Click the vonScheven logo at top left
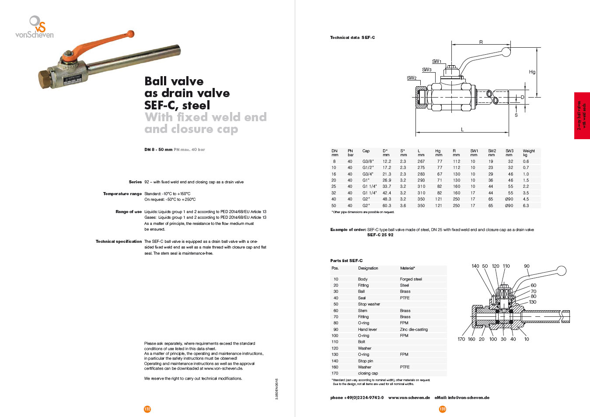(35, 27)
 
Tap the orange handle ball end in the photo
(130, 34)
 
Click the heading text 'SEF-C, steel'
(177, 105)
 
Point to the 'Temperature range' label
(122, 194)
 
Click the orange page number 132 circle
(147, 409)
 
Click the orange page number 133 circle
(443, 409)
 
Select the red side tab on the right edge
(582, 116)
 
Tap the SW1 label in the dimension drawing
(436, 61)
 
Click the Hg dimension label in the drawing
(532, 72)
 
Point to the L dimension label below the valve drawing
(462, 130)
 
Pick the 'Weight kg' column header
(528, 153)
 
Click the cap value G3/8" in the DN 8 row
(368, 161)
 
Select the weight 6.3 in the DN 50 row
(526, 206)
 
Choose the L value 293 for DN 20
(421, 180)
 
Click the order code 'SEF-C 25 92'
(380, 235)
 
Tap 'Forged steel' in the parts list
(411, 279)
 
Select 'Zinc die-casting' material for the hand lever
(414, 329)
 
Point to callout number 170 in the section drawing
(461, 339)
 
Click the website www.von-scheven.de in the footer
(409, 398)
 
